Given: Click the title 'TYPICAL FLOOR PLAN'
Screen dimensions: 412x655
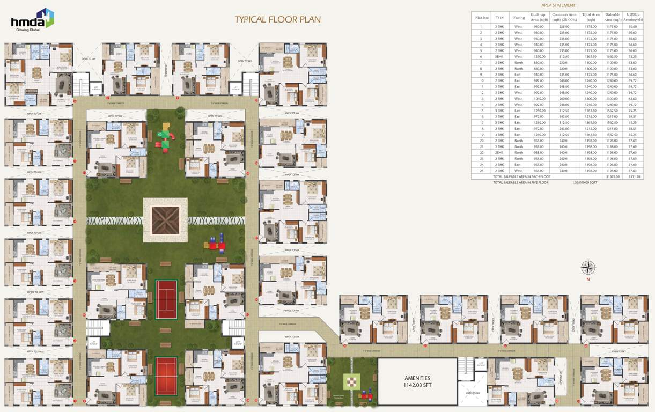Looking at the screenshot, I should tap(277, 20).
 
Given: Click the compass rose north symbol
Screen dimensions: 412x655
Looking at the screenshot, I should tap(588, 267).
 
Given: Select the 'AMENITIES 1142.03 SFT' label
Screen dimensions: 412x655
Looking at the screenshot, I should tap(417, 381).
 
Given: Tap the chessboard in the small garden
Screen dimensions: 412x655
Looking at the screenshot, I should tap(351, 382).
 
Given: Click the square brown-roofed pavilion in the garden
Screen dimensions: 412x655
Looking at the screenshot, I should tap(165, 220).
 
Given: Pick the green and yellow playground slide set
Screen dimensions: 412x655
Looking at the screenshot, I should tap(165, 137).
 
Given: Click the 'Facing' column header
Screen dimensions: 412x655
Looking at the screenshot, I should tap(518, 17).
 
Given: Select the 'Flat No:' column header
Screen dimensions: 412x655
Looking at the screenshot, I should tap(482, 17).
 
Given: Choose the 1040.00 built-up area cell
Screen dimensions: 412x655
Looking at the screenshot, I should tap(539, 99).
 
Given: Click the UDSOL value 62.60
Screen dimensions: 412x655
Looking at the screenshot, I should tap(632, 99).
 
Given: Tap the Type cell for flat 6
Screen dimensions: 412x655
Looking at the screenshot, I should tap(499, 56).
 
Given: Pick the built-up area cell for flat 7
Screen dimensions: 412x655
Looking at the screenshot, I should tap(539, 63).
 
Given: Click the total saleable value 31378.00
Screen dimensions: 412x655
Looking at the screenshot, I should tap(612, 176).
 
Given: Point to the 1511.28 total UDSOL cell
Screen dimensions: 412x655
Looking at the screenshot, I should tap(632, 176).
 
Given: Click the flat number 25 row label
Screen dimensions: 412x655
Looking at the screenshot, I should tap(481, 171).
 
